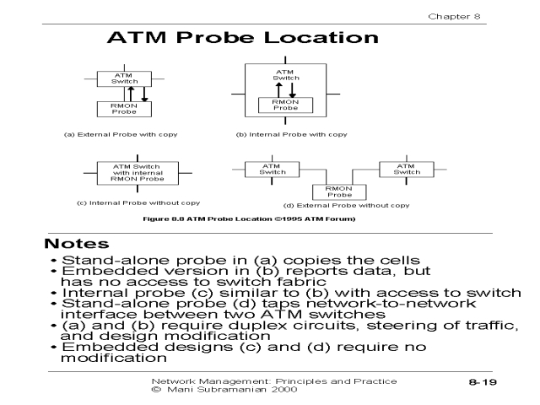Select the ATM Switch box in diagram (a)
coord(121,78)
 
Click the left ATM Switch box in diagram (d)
coord(271,168)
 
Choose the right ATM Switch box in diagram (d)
coord(407,168)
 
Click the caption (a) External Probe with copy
coord(115,134)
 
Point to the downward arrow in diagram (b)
coord(292,89)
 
